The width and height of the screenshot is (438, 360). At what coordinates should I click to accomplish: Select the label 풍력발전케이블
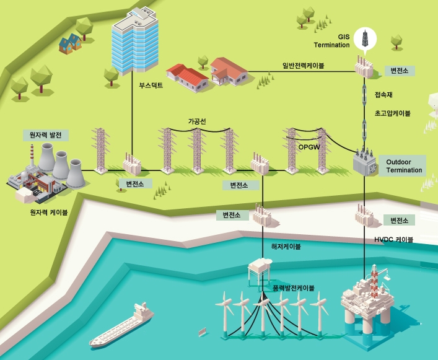pos(293,288)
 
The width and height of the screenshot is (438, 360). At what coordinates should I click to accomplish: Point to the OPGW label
pos(308,147)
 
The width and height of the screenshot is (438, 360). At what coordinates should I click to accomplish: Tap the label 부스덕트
pos(151,86)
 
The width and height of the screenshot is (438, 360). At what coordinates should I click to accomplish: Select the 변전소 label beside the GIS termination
pos(395,71)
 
